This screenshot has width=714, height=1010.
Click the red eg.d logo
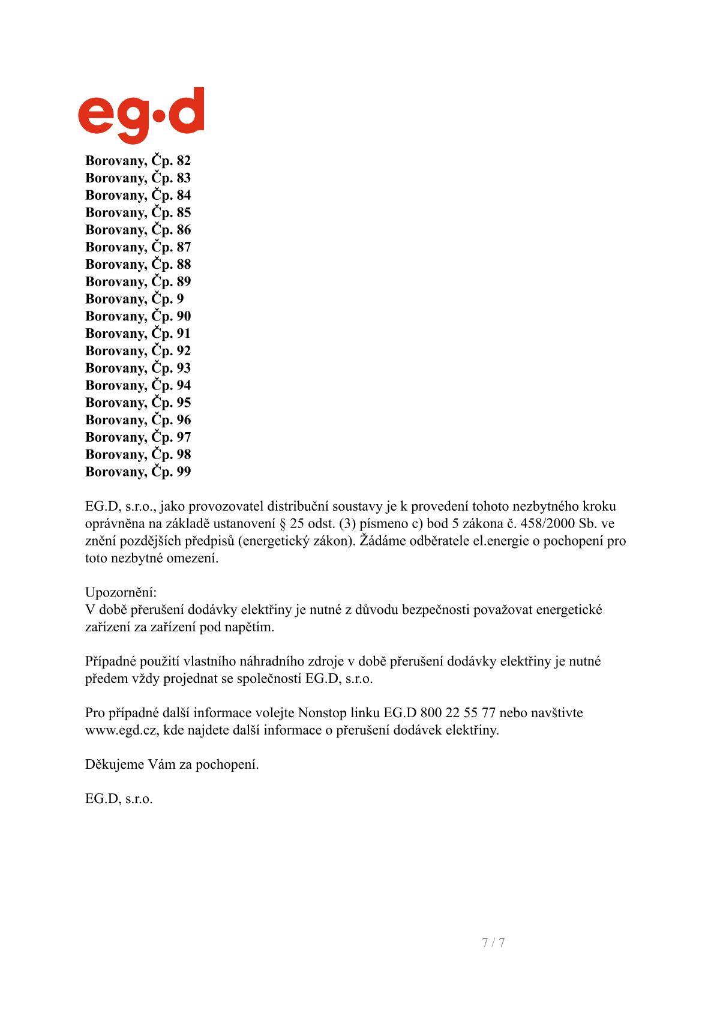point(141,115)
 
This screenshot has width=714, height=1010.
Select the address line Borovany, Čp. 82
point(138,161)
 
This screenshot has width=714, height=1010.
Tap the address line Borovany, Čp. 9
point(134,299)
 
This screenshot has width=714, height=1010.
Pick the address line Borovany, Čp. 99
point(138,472)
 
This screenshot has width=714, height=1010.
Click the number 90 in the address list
point(184,316)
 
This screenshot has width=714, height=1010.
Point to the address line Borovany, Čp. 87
point(138,247)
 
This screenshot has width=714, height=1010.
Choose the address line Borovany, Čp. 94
point(138,385)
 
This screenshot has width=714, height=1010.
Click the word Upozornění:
point(121,592)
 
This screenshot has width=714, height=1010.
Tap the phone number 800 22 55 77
point(458,713)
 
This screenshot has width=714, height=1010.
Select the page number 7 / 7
point(493,942)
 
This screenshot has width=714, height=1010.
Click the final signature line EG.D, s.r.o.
point(119,799)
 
